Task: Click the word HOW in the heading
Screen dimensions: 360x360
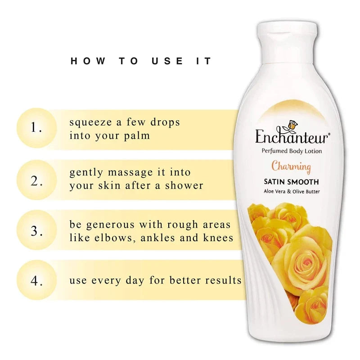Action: (x=88, y=61)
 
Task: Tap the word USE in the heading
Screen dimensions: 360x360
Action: (x=167, y=61)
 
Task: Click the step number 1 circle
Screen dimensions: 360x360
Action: (x=37, y=128)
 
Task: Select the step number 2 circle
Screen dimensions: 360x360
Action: (x=37, y=180)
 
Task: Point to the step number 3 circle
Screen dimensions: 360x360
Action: (x=37, y=230)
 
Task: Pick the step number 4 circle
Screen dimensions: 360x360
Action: (x=37, y=280)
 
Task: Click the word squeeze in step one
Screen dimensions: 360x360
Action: (x=91, y=122)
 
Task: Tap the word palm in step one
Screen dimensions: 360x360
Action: (x=137, y=136)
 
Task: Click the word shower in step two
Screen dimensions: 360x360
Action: (x=184, y=185)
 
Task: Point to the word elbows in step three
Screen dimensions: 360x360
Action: (x=114, y=238)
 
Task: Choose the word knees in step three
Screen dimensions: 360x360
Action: (x=218, y=238)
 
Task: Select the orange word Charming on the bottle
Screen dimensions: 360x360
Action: (x=291, y=166)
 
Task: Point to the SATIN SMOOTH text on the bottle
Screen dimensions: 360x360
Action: (x=291, y=182)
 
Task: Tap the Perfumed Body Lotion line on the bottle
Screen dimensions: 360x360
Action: (x=292, y=151)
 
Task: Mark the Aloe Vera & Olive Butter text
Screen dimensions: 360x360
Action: (x=292, y=192)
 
